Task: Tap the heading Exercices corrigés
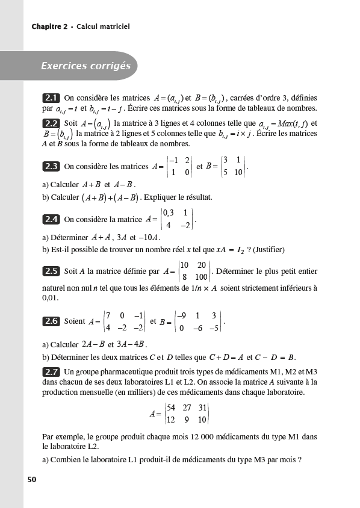click(85, 66)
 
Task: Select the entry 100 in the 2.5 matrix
click(201, 277)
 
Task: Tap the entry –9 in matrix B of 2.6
click(182, 315)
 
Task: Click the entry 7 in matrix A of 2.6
click(108, 315)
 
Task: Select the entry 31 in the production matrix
click(202, 408)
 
